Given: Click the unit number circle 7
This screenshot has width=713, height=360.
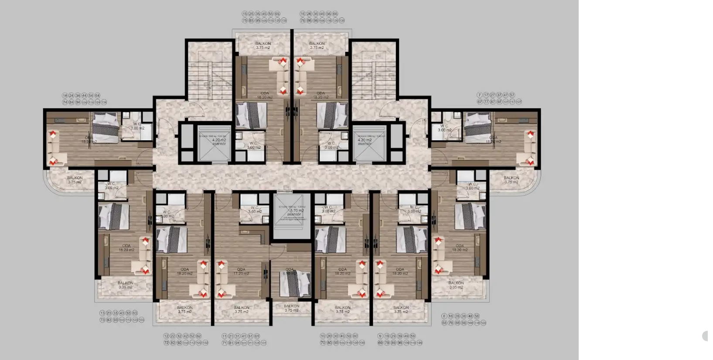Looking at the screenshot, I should tap(480, 95).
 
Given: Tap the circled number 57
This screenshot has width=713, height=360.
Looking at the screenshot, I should tap(512, 95).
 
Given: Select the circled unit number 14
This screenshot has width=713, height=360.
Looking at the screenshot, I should tap(65, 95).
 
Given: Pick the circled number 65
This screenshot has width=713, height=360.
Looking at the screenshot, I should tap(277, 14).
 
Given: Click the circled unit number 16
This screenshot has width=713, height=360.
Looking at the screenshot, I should tap(303, 14).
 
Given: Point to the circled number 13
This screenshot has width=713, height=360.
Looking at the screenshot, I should tap(102, 313).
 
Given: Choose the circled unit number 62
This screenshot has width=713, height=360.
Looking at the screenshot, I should tap(199, 336).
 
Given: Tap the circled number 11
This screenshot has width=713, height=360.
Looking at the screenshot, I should tap(224, 336).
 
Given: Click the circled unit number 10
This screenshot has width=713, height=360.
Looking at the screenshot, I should tap(323, 336).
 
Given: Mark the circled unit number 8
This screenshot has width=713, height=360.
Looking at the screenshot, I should tap(444, 316).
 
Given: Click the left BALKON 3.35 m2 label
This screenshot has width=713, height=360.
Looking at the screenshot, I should tap(126, 285).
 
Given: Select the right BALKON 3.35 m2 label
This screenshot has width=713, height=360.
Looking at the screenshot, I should tap(456, 285).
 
